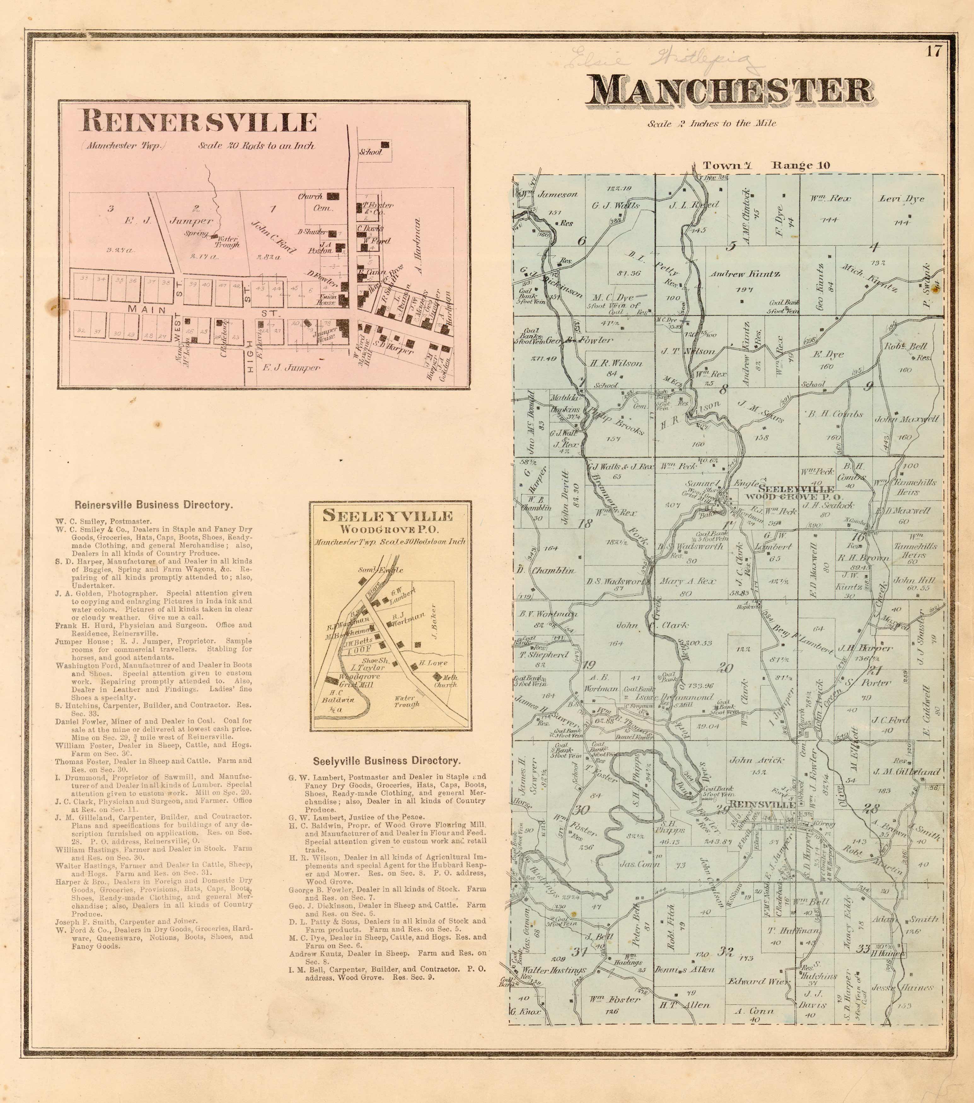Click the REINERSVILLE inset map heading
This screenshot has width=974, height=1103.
(198, 122)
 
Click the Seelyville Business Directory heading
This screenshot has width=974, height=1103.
(387, 761)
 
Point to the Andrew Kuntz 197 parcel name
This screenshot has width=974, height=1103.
(745, 274)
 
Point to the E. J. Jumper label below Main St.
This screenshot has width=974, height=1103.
(291, 367)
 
